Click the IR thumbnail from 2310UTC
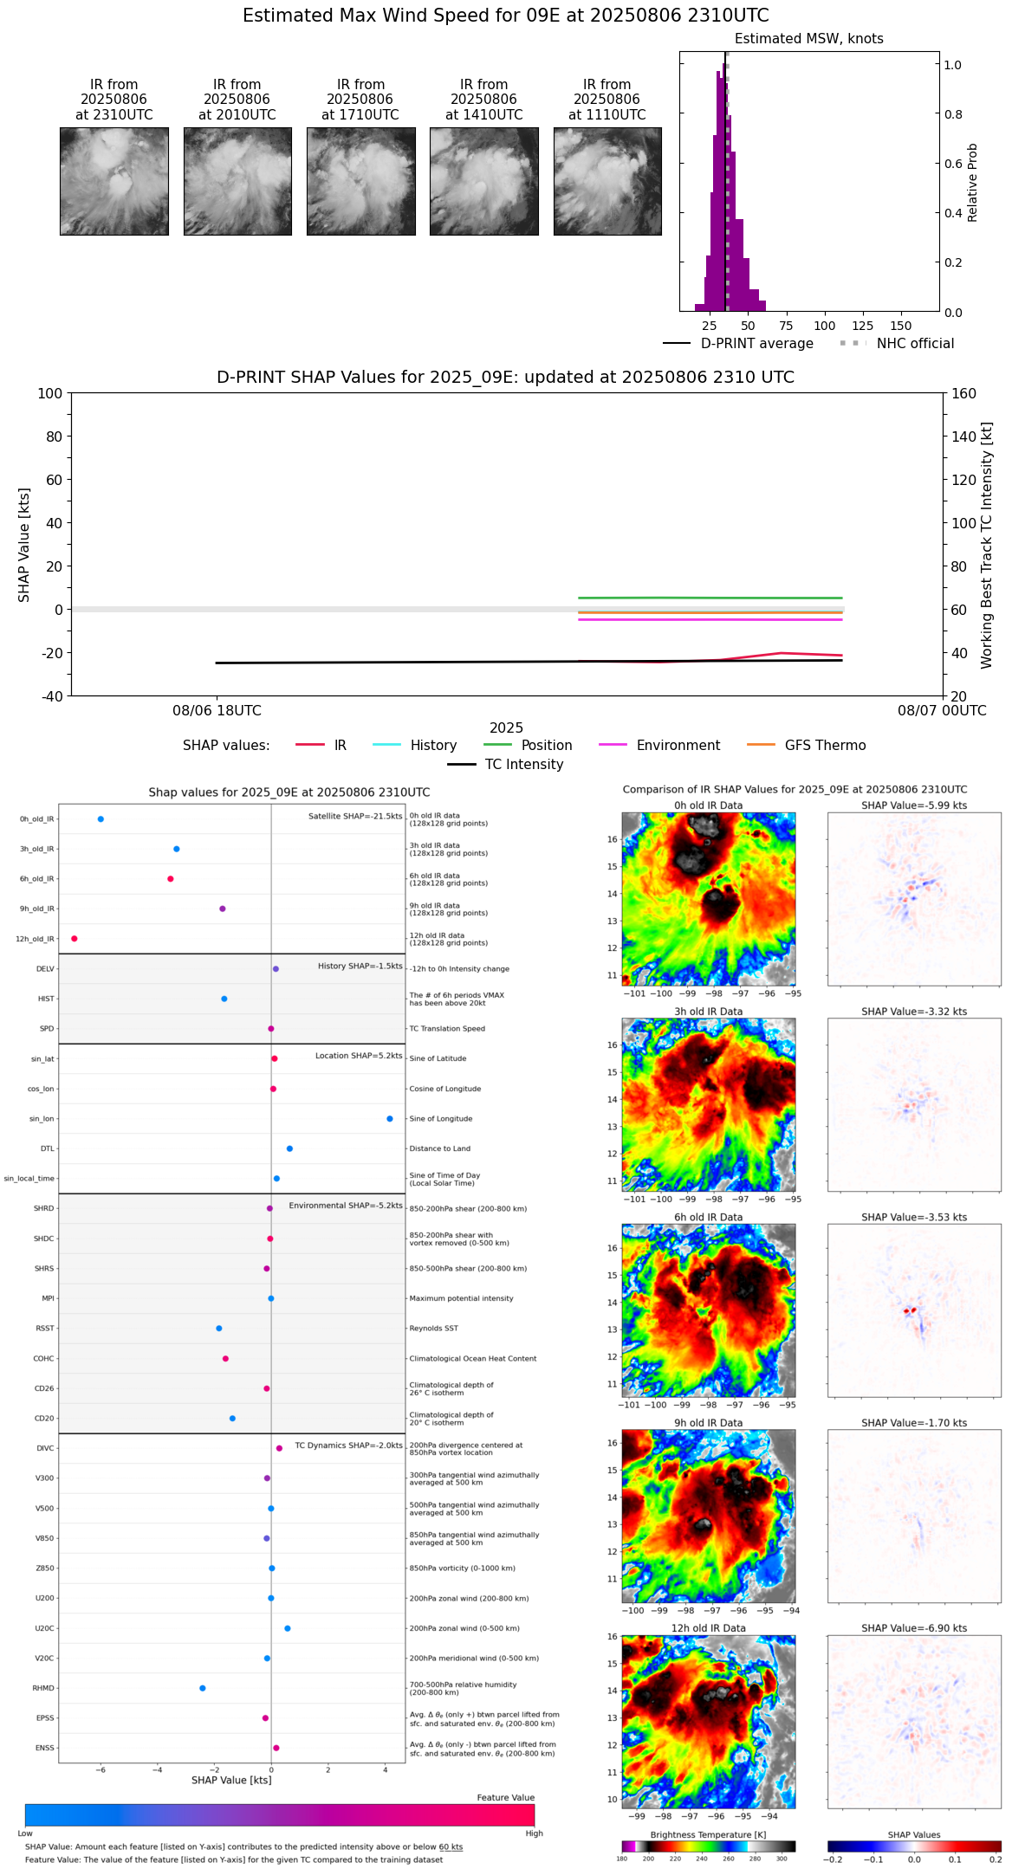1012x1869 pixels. [x=114, y=181]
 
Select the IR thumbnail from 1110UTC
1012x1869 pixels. [x=607, y=181]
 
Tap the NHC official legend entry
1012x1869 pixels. [x=914, y=344]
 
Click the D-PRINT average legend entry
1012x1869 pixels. [x=756, y=344]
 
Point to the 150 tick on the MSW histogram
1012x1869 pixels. [x=901, y=326]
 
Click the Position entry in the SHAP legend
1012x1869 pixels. [x=546, y=746]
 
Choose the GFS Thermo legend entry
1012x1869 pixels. [x=825, y=746]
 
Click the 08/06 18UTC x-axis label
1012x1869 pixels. [x=217, y=711]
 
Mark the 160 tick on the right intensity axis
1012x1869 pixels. [x=964, y=393]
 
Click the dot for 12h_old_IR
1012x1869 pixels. [x=75, y=939]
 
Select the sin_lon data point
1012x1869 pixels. [x=390, y=1119]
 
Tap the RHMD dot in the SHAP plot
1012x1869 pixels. [x=203, y=1688]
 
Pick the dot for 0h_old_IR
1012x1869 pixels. [x=101, y=819]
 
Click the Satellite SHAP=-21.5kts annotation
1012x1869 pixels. [x=355, y=817]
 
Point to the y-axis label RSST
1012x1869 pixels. [x=45, y=1329]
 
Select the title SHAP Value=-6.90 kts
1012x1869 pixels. [x=914, y=1628]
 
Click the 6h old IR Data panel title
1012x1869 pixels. [x=708, y=1217]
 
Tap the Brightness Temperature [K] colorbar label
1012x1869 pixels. [x=708, y=1834]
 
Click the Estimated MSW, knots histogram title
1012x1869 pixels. [x=809, y=39]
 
